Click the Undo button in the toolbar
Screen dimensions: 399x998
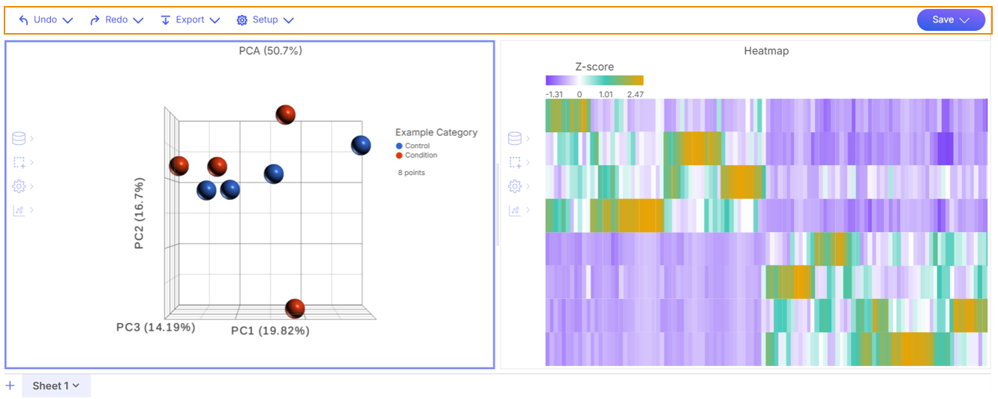pyautogui.click(x=45, y=20)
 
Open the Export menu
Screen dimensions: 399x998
pyautogui.click(x=190, y=20)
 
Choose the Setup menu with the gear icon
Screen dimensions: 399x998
pyautogui.click(x=264, y=20)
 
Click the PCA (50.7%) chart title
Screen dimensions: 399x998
pyautogui.click(x=270, y=51)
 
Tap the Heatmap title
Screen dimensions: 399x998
pyautogui.click(x=766, y=51)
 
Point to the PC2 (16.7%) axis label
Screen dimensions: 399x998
pyautogui.click(x=140, y=213)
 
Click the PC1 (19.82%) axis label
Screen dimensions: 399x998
pyautogui.click(x=270, y=331)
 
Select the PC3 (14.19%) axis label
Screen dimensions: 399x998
pyautogui.click(x=155, y=328)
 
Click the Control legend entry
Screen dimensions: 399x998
pyautogui.click(x=416, y=146)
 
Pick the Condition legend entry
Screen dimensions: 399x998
pyautogui.click(x=420, y=156)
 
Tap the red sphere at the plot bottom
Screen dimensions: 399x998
pyautogui.click(x=295, y=307)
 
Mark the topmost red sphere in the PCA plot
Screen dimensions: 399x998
pyautogui.click(x=285, y=114)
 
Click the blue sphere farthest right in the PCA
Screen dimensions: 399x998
pyautogui.click(x=361, y=145)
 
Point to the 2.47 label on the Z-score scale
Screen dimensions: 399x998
pyautogui.click(x=634, y=95)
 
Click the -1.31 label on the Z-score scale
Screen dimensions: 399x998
pyautogui.click(x=555, y=95)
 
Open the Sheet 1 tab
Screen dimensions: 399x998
pyautogui.click(x=56, y=385)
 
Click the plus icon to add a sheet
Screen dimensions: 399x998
pyautogui.click(x=11, y=385)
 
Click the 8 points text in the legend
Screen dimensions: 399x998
pyautogui.click(x=411, y=173)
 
